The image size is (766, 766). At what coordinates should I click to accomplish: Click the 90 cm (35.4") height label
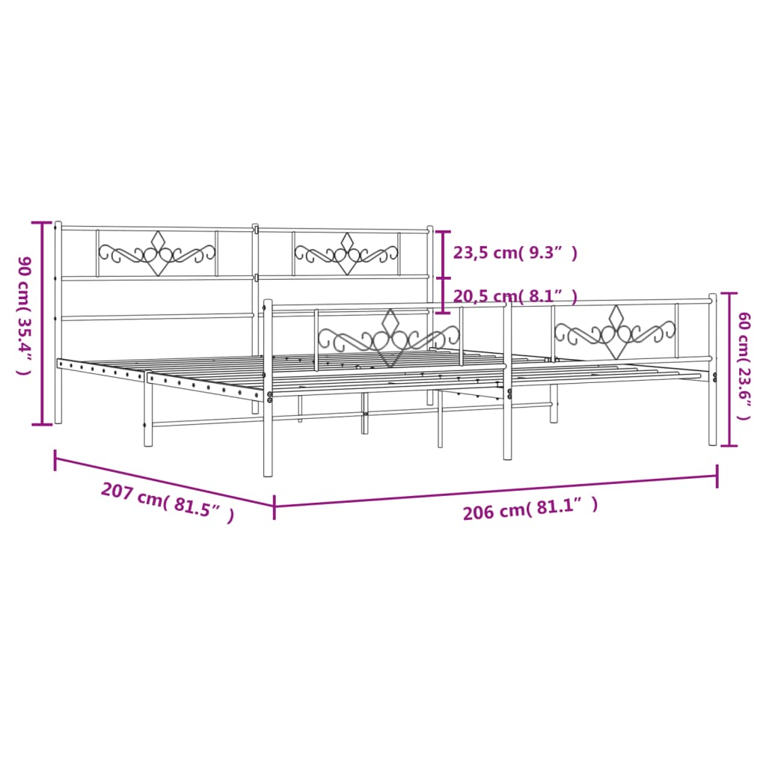pos(24,315)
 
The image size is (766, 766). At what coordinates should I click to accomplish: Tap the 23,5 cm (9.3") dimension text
pos(515,253)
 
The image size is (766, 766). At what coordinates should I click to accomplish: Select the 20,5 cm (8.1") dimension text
pos(515,297)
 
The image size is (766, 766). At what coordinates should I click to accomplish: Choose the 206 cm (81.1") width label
pos(530,509)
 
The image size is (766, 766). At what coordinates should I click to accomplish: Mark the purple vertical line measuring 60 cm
pos(729,370)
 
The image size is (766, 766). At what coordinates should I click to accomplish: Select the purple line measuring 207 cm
pos(165,480)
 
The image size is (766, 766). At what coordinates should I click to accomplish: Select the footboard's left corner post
pos(268,389)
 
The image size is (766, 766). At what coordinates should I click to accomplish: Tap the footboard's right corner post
pos(712,370)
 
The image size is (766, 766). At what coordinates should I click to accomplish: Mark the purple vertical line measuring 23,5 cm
pos(444,254)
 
